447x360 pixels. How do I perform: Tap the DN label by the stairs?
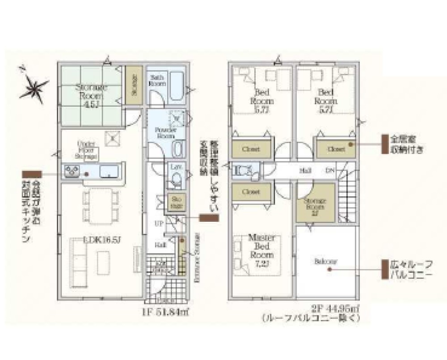click(330, 170)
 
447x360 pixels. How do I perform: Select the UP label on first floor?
click(158, 222)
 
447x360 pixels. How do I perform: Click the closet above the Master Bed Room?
click(252, 191)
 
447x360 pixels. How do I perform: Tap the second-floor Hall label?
click(305, 170)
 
